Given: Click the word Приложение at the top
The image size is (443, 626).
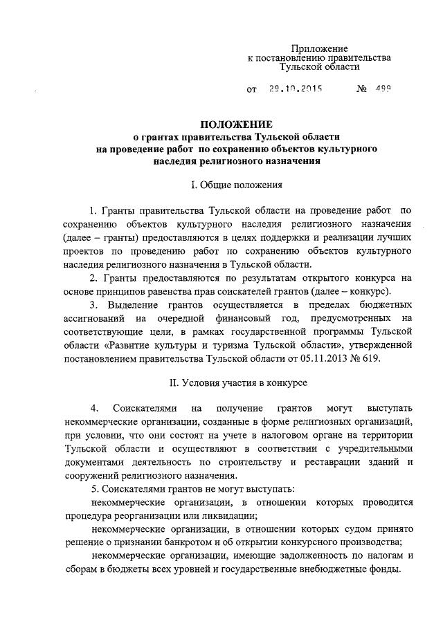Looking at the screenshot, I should [318, 48].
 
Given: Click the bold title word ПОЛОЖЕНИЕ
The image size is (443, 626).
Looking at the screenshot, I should [237, 125].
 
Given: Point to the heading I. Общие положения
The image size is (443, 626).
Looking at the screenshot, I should [236, 185].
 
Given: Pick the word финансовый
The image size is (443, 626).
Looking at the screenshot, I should [251, 319].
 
